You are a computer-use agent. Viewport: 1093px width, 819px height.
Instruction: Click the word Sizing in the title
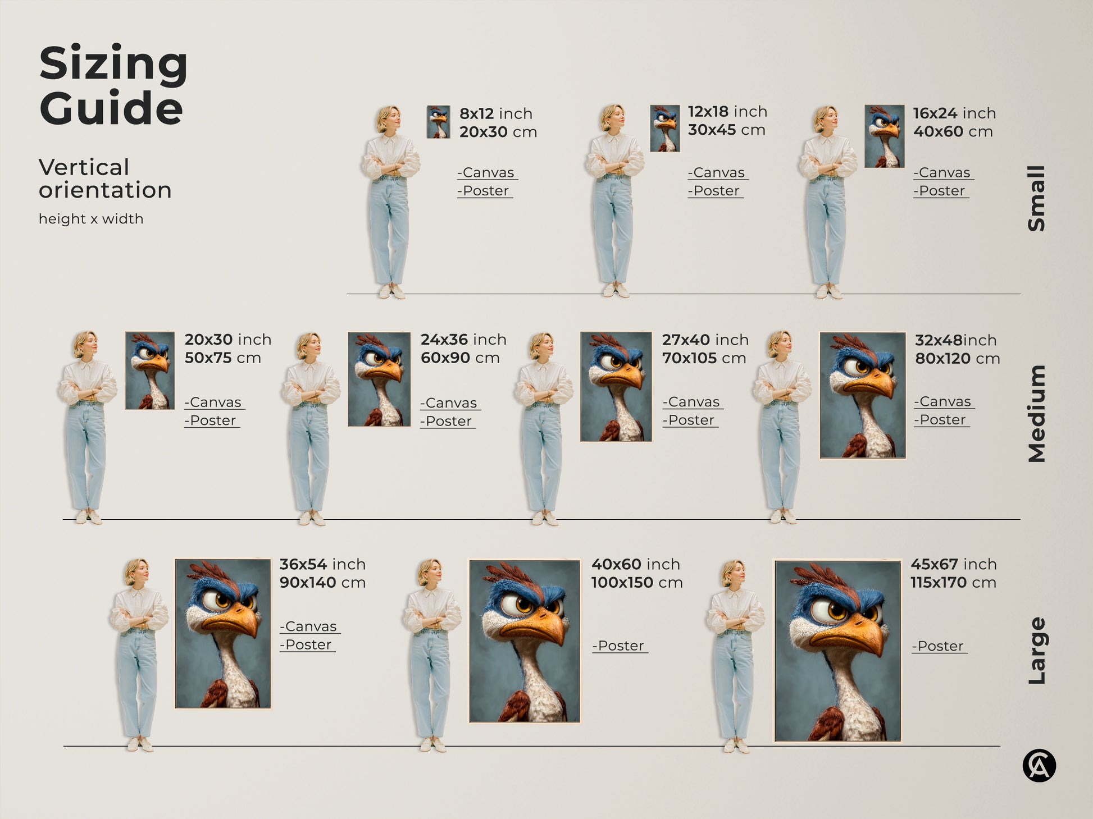coord(113,64)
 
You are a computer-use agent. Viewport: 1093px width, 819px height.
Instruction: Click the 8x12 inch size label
coord(495,113)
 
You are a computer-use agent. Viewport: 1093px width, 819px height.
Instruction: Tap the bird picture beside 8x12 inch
coord(438,122)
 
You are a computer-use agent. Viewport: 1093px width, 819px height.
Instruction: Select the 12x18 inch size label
coord(727,112)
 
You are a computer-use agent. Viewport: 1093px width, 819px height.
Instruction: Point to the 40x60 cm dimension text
coord(953,131)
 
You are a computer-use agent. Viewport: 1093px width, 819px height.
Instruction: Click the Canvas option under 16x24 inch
coord(944,173)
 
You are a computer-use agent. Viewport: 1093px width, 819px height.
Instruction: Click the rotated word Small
coord(1036,198)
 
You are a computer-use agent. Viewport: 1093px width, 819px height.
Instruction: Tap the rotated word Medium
coord(1036,414)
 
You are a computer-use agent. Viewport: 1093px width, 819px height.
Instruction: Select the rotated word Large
coord(1036,651)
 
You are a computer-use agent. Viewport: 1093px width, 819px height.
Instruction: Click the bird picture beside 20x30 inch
coord(149,370)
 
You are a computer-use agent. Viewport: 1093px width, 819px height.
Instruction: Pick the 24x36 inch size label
coord(463,340)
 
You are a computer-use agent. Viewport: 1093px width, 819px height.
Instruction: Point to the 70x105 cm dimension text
coord(704,358)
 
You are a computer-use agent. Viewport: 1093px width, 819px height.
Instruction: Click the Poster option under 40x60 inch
coord(620,646)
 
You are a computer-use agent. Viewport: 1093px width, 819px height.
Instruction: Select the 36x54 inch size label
coord(322,564)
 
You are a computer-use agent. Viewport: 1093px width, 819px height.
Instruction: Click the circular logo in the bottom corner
coord(1039,766)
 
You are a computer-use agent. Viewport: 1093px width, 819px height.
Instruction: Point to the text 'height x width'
coord(91,219)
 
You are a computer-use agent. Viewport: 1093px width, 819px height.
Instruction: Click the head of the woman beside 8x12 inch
coord(388,118)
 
